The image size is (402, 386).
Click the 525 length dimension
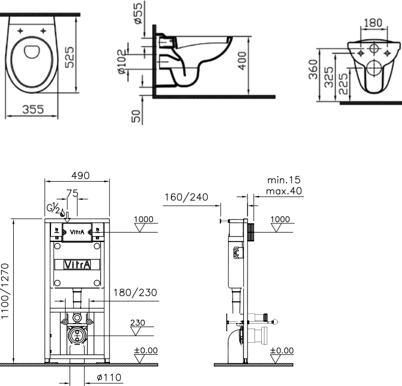pos(69,57)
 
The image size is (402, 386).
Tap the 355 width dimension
pos(33,110)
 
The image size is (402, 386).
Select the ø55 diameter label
pos(138,13)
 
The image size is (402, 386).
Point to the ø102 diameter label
pos(122,62)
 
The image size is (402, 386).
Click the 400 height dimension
pos(242,60)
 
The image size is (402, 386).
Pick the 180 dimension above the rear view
pos(373,23)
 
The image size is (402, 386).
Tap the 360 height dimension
pos(313,69)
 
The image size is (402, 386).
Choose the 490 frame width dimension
pos(81,176)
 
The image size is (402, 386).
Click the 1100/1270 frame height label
pos(5,291)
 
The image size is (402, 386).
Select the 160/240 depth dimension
pos(186,197)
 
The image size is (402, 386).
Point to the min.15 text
pos(284,180)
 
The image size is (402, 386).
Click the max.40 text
pos(284,191)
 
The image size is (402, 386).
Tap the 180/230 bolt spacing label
pos(135,292)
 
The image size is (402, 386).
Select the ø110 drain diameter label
pos(109,377)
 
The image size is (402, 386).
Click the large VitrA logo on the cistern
pos(77,264)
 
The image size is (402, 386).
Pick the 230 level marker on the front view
pos(137,322)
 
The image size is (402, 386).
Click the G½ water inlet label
pos(53,208)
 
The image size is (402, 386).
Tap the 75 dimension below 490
pos(72,193)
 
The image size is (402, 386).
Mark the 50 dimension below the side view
pos(136,116)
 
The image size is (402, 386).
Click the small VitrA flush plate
pos(77,232)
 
